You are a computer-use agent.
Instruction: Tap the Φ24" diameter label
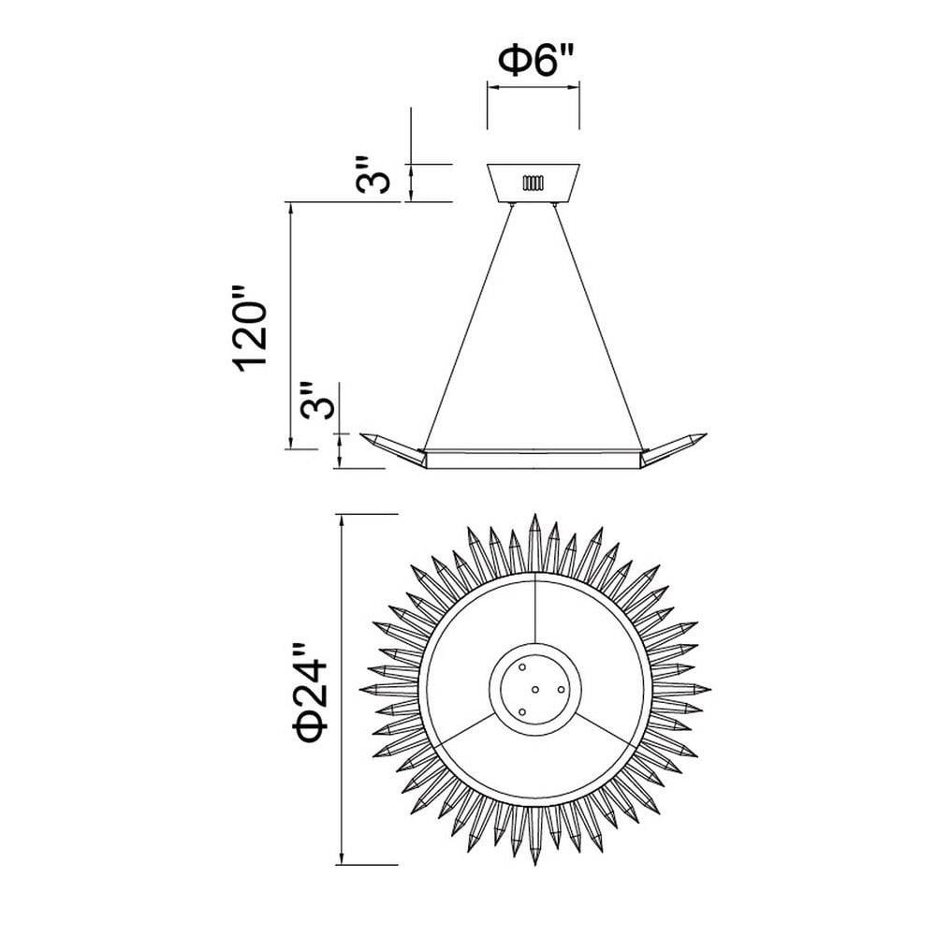click(x=311, y=693)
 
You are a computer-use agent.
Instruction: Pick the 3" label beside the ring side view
click(x=315, y=402)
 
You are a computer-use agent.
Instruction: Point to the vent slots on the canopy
click(x=534, y=183)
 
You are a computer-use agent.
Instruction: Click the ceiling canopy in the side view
click(x=534, y=183)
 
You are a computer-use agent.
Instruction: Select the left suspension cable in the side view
click(x=467, y=327)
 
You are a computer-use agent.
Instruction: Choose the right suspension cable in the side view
click(x=599, y=327)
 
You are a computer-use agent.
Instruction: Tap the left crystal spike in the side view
click(x=393, y=449)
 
